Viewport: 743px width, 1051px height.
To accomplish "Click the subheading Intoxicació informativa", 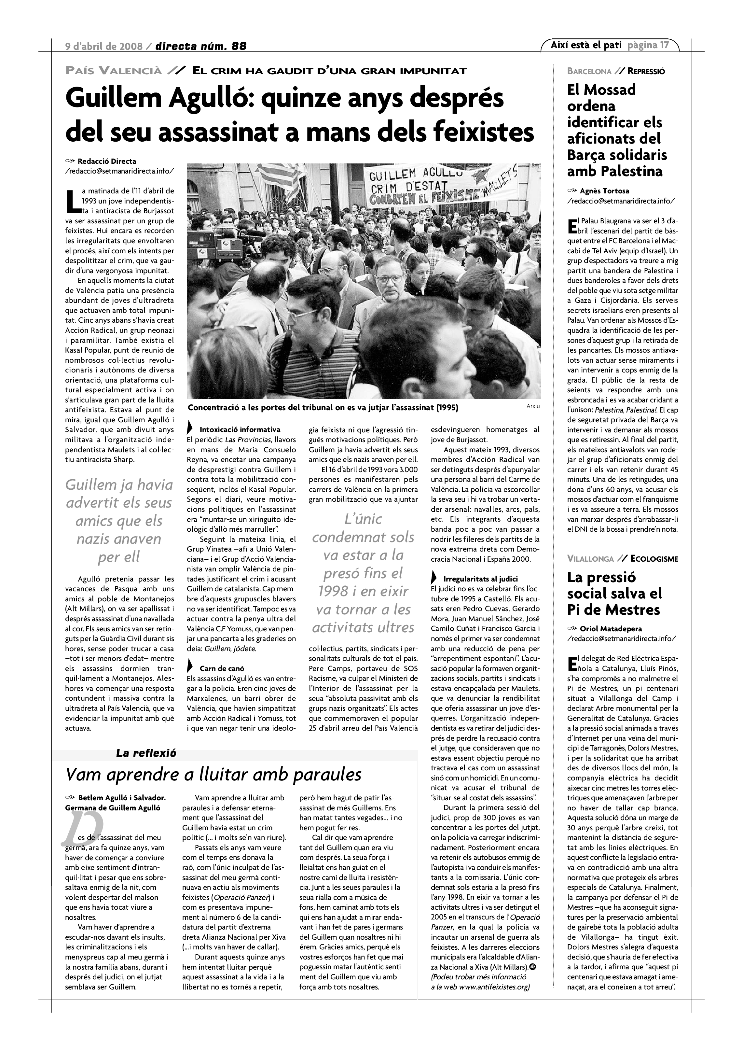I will tap(240, 429).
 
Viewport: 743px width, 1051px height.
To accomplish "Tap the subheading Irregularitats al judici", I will tap(480, 579).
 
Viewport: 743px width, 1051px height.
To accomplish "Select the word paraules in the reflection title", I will tap(327, 775).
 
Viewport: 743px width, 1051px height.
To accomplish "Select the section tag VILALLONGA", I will tap(590, 559).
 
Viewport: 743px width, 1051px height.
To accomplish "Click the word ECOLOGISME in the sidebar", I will tap(654, 559).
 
